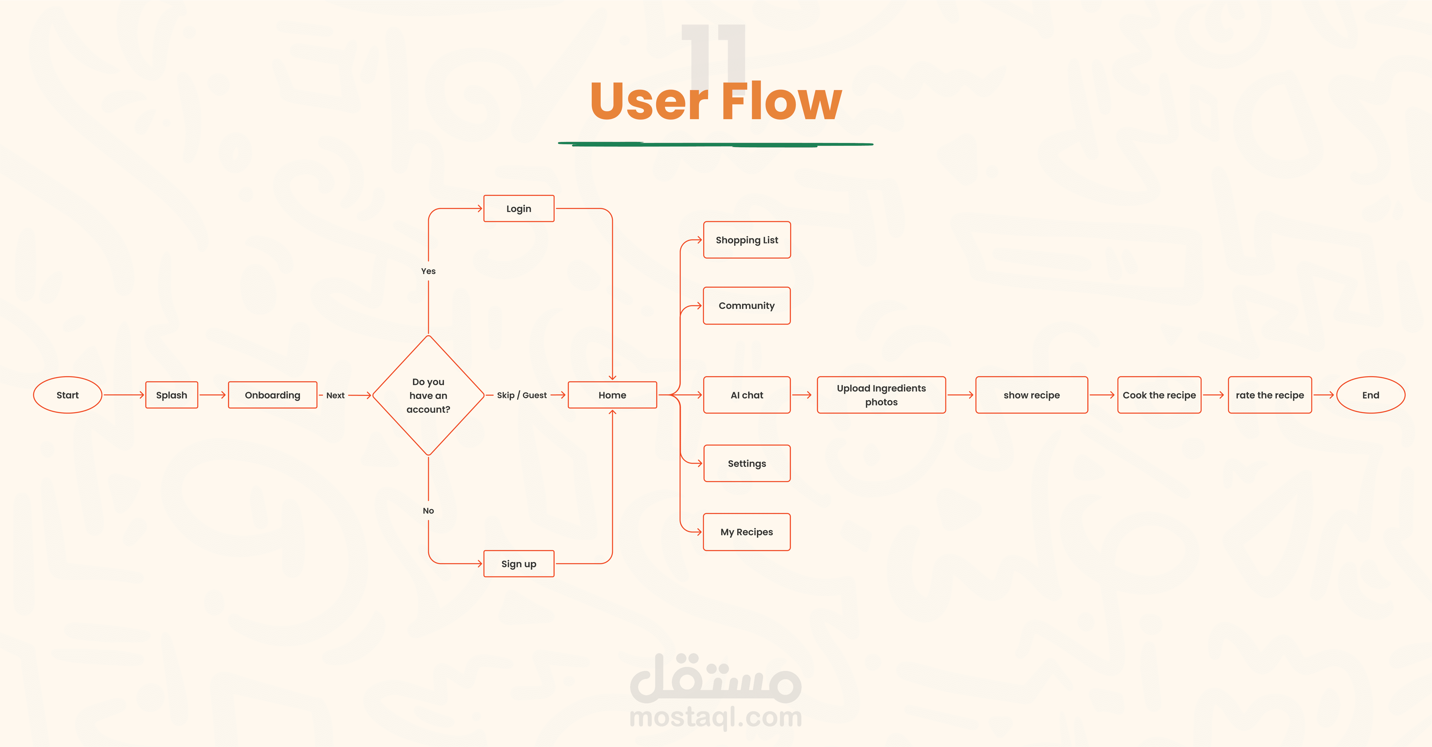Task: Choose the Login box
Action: (519, 208)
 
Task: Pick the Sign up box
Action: (519, 564)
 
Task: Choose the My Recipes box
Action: (747, 532)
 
